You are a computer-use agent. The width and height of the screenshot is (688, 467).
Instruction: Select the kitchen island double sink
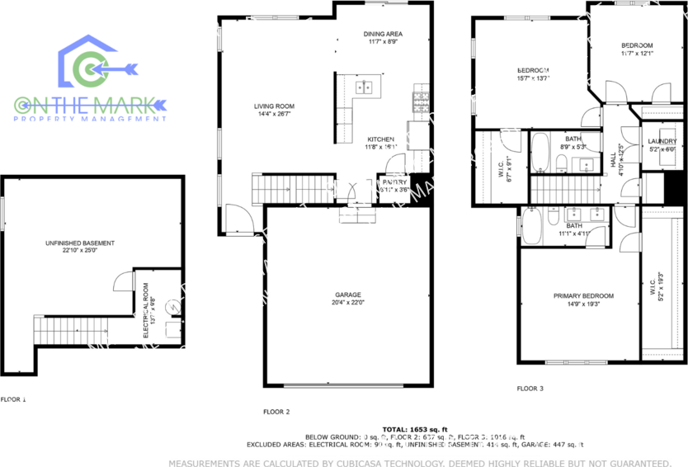pos(364,87)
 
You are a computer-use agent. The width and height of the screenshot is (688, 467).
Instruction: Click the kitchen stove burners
pos(421,101)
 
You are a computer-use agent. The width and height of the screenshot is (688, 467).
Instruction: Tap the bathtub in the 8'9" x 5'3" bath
pos(541,153)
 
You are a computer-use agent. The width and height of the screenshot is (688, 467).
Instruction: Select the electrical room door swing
pos(122,282)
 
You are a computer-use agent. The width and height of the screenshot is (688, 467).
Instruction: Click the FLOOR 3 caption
pos(530,388)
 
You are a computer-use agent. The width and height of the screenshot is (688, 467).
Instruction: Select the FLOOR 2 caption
pos(276,411)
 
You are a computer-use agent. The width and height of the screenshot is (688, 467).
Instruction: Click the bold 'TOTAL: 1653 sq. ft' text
pos(417,429)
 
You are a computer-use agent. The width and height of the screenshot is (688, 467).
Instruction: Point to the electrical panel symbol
pos(172,306)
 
